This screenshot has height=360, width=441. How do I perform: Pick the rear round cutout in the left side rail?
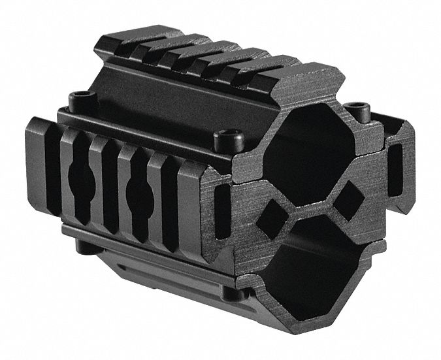click(x=84, y=171)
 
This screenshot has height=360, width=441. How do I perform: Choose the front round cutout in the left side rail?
click(x=139, y=192)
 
